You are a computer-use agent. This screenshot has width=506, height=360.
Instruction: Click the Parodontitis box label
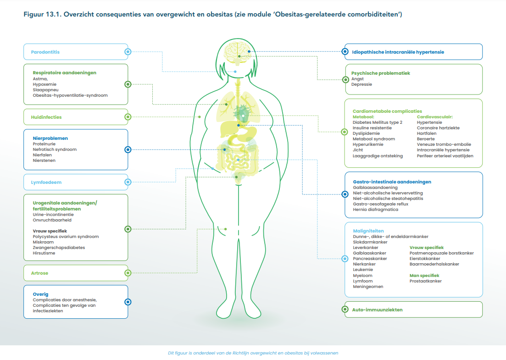[x=45, y=52]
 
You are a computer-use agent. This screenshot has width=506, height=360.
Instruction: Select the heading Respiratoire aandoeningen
[x=65, y=73]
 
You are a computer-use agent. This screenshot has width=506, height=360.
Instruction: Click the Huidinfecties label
[x=46, y=117]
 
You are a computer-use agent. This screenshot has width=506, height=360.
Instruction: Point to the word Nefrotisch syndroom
[x=55, y=150]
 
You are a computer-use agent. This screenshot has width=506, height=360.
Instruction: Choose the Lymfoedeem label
[x=46, y=183]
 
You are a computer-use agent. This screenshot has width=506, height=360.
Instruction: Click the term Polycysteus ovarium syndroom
[x=66, y=237]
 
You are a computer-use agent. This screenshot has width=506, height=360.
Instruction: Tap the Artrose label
[x=40, y=273]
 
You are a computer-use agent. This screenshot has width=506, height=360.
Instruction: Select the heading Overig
[x=40, y=294]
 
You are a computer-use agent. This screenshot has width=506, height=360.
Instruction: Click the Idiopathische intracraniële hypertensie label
[x=398, y=52]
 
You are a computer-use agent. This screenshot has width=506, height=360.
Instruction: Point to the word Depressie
[x=361, y=84]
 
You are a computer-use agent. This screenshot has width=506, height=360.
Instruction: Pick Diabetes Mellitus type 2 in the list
[x=377, y=122]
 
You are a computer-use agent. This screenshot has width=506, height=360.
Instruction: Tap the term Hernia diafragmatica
[x=375, y=210]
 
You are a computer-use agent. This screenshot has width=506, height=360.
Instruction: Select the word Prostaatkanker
[x=425, y=281]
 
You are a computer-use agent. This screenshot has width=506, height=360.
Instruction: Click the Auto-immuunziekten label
[x=377, y=310]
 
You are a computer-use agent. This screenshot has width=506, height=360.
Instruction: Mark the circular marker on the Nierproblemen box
[x=128, y=150]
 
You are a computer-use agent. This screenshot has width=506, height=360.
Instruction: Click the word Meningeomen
[x=368, y=287]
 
